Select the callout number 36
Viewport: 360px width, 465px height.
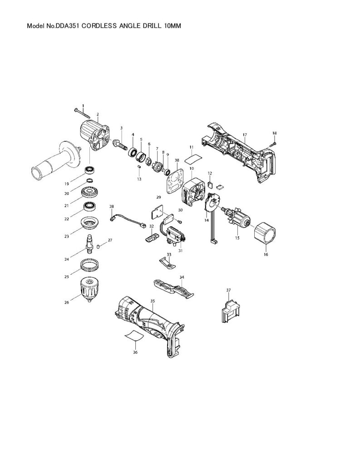click(x=135, y=351)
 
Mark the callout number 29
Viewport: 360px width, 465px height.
click(x=159, y=197)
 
